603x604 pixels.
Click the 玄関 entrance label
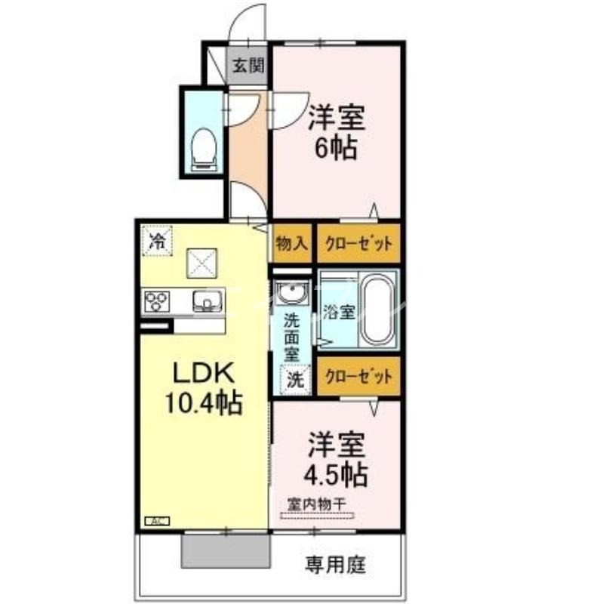pos(248,65)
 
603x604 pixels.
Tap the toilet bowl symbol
pos(203,146)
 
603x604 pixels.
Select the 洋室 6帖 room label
pos(337,131)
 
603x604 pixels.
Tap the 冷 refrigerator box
pos(158,242)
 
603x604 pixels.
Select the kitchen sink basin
pos(205,302)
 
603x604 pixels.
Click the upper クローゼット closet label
pos(358,243)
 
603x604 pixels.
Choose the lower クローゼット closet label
pos(358,377)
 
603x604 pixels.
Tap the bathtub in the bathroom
pos(374,310)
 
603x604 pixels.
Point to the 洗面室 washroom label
pos(291,335)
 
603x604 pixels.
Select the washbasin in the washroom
pos(291,290)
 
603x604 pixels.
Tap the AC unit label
pos(157,521)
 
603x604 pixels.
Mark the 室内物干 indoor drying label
pos(316,503)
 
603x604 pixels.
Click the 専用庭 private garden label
pos(336,563)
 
